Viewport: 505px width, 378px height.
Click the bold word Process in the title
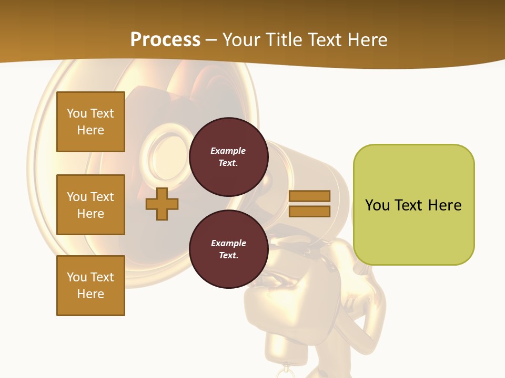click(165, 40)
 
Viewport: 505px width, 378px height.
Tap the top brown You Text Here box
click(90, 122)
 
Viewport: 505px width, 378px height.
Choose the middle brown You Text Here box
click(90, 205)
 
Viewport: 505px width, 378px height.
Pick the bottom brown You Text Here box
click(90, 286)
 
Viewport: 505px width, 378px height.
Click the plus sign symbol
click(162, 204)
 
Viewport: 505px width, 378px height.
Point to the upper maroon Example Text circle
click(228, 157)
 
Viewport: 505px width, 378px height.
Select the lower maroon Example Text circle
click(228, 249)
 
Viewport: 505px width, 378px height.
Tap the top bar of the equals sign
click(309, 196)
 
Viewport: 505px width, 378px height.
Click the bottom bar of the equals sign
click(309, 212)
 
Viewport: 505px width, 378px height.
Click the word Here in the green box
click(445, 205)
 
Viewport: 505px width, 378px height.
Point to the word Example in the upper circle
click(228, 151)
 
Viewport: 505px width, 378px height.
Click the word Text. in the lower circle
click(228, 256)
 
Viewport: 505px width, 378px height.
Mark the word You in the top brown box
click(77, 113)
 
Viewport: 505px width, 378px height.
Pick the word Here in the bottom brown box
click(90, 294)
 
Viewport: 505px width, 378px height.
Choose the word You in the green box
click(377, 205)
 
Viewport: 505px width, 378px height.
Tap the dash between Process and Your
click(211, 40)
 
